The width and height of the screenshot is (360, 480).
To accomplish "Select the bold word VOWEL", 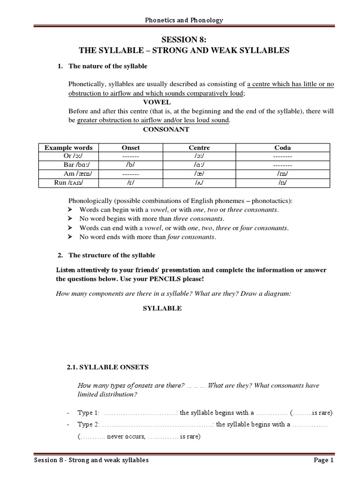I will click(x=157, y=102).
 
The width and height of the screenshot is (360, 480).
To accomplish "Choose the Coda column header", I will click(x=282, y=148).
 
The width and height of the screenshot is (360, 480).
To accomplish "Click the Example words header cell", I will click(x=68, y=148).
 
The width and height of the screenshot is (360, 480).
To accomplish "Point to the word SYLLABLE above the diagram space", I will click(x=162, y=308).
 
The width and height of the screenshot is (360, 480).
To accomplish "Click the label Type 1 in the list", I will click(x=88, y=413).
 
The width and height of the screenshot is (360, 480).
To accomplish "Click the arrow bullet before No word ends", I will click(x=70, y=237).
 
